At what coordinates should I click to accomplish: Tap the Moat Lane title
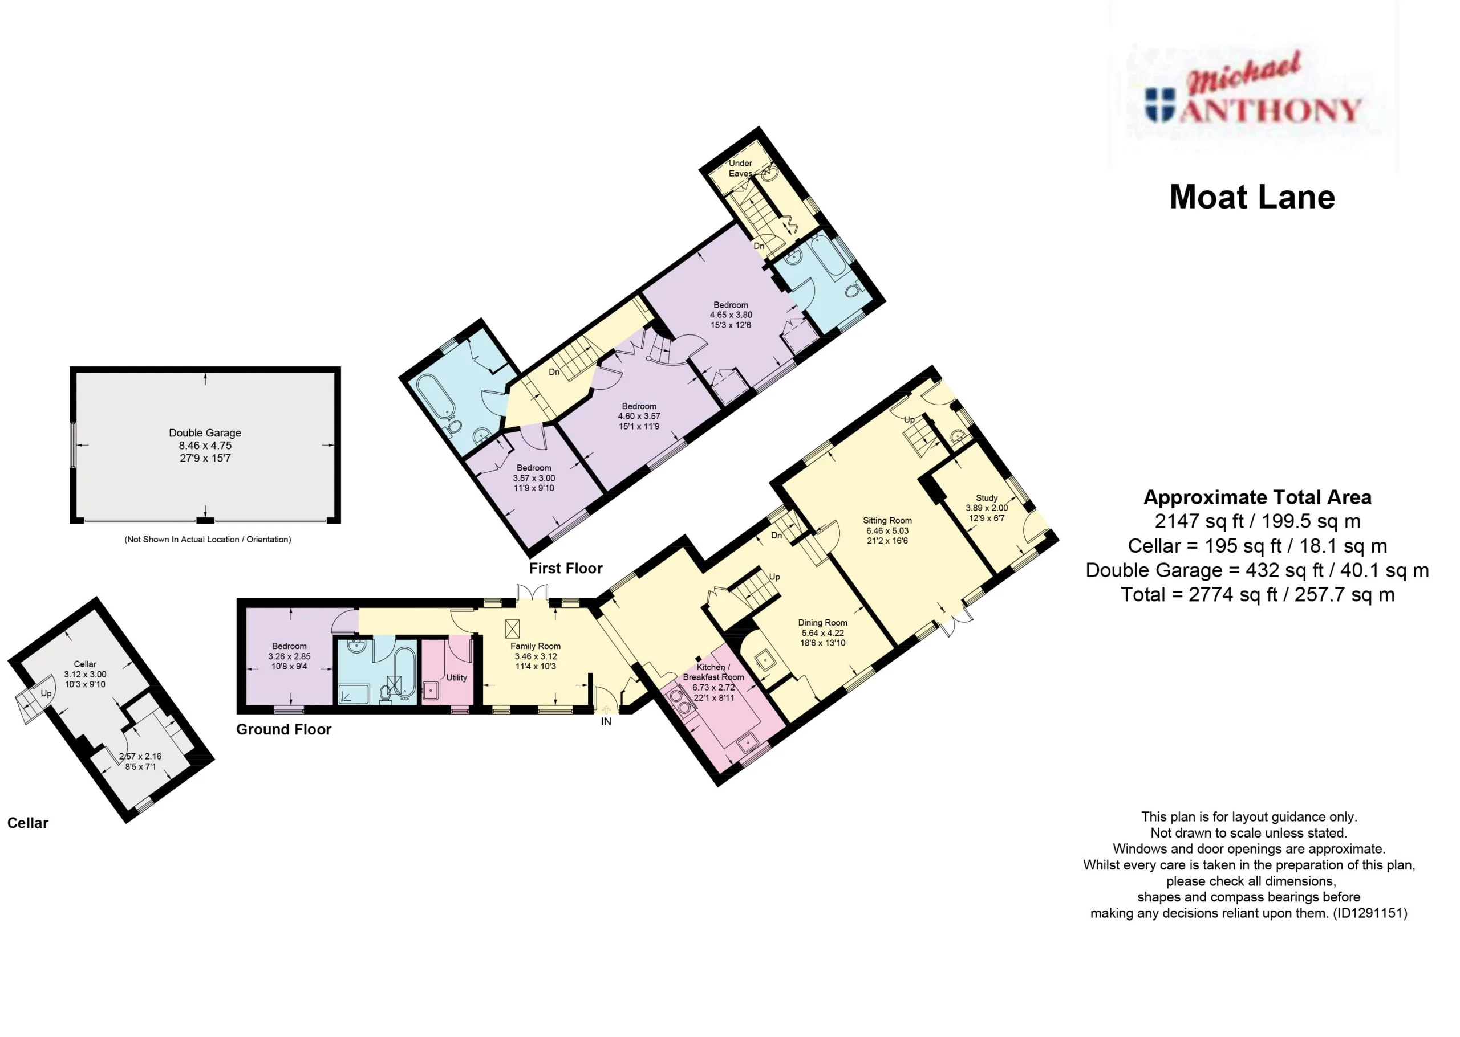point(1252,197)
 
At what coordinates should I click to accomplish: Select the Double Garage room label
point(205,433)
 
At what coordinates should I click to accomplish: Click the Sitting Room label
point(887,520)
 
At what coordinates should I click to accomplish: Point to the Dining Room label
point(822,623)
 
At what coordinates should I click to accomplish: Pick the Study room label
point(987,498)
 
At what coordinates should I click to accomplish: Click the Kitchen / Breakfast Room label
point(713,672)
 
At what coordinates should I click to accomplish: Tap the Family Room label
point(536,646)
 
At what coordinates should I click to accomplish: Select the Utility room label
point(456,677)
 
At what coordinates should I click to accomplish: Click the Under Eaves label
point(740,168)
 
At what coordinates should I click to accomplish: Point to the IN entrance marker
point(606,721)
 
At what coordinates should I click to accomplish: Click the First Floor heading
point(566,568)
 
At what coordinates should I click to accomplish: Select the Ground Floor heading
point(283,729)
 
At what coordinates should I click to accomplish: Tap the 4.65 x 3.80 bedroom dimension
point(731,315)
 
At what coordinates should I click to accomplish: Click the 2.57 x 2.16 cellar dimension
point(140,756)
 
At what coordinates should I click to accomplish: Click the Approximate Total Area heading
point(1258,497)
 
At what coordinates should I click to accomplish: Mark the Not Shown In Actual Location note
point(208,540)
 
